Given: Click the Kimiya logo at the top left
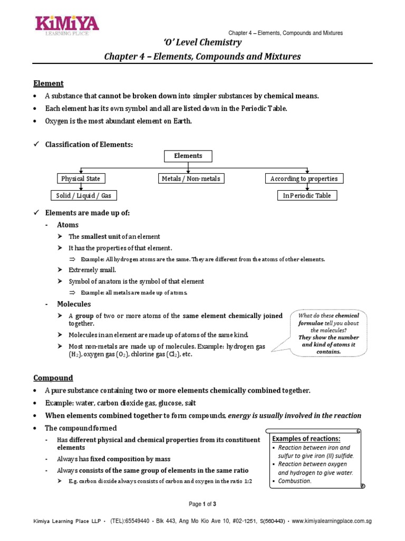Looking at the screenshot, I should pyautogui.click(x=67, y=26).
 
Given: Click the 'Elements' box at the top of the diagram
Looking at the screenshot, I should pyautogui.click(x=188, y=156).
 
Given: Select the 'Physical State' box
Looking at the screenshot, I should pyautogui.click(x=80, y=179).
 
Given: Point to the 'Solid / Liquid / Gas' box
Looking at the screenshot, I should pyautogui.click(x=83, y=195).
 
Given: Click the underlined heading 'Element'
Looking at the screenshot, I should pyautogui.click(x=49, y=83).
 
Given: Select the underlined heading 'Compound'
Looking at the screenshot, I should pyautogui.click(x=53, y=378).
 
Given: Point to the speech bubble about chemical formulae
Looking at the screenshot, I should pyautogui.click(x=329, y=333).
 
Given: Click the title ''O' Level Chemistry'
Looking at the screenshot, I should pyautogui.click(x=202, y=43).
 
